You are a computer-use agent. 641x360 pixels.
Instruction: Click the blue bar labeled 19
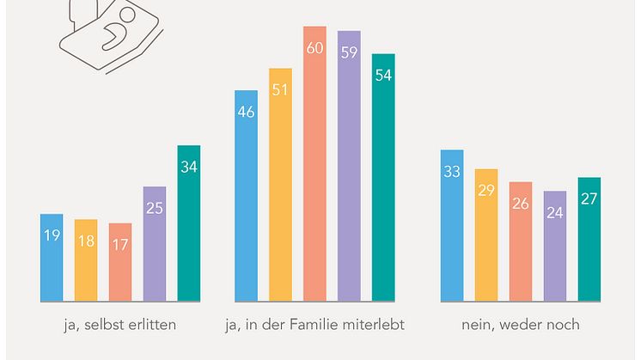click(52, 258)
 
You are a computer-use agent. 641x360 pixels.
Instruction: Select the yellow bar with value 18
click(86, 260)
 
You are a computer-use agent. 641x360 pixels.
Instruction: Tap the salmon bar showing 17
click(120, 262)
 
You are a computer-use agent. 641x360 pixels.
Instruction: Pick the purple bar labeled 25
click(155, 244)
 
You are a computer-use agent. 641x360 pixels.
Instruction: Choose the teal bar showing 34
click(189, 223)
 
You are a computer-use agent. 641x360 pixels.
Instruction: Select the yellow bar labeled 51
click(280, 185)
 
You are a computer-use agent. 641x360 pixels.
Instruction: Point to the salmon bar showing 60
click(314, 163)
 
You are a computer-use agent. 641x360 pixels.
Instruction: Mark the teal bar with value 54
click(383, 177)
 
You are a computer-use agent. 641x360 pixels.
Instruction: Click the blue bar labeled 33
click(452, 226)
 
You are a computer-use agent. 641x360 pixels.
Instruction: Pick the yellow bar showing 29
click(486, 235)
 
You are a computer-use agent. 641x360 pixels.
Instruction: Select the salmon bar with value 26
click(521, 241)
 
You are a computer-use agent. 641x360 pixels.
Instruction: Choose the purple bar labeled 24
click(555, 246)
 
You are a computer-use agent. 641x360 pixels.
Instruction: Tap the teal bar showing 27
click(589, 240)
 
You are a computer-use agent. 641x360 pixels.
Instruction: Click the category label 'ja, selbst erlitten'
click(121, 325)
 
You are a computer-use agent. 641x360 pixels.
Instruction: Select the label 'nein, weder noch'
click(520, 325)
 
